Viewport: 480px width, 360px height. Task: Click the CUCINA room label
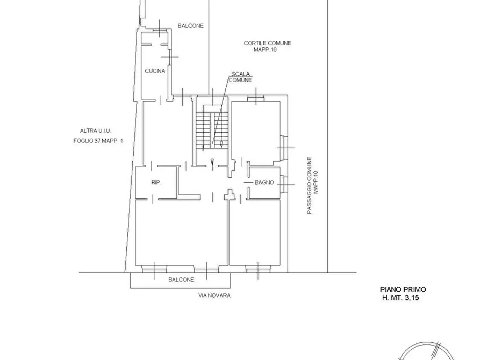155,71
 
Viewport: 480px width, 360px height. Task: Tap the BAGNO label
264,183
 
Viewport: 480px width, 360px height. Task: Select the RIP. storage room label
156,183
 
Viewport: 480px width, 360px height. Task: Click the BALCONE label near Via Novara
181,279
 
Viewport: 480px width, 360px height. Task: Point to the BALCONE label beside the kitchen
190,26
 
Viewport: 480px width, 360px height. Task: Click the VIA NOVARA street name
214,296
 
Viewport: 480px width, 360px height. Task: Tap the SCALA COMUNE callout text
240,77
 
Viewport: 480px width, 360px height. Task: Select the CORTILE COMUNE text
267,43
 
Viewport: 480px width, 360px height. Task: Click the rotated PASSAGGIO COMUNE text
310,185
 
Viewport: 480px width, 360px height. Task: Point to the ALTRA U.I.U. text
96,131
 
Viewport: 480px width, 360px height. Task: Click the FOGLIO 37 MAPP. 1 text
98,141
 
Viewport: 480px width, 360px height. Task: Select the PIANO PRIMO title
403,290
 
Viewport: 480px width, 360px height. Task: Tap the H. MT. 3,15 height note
400,298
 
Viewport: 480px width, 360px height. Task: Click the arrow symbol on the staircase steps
221,144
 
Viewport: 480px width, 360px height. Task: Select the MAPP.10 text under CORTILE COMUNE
265,49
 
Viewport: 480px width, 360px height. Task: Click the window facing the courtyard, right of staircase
256,98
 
